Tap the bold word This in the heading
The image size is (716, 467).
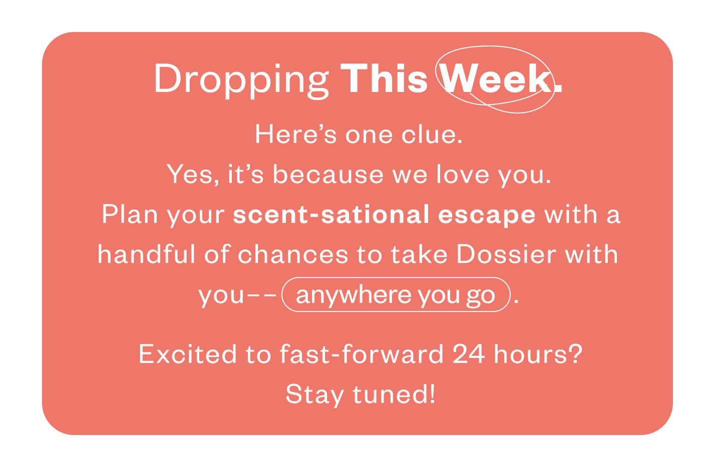coord(384,78)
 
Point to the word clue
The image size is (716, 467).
coord(432,134)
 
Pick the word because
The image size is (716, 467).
coord(328,174)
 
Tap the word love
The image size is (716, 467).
coord(463,174)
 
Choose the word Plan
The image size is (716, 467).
coord(130,214)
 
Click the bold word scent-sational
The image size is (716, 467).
coord(331,214)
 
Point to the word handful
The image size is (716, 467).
coord(146,254)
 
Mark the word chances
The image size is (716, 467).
coord(293,254)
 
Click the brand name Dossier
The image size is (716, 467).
coord(506,254)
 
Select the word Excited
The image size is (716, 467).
coord(188,354)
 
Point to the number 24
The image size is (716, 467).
coord(469,354)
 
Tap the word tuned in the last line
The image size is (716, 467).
coord(394,394)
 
